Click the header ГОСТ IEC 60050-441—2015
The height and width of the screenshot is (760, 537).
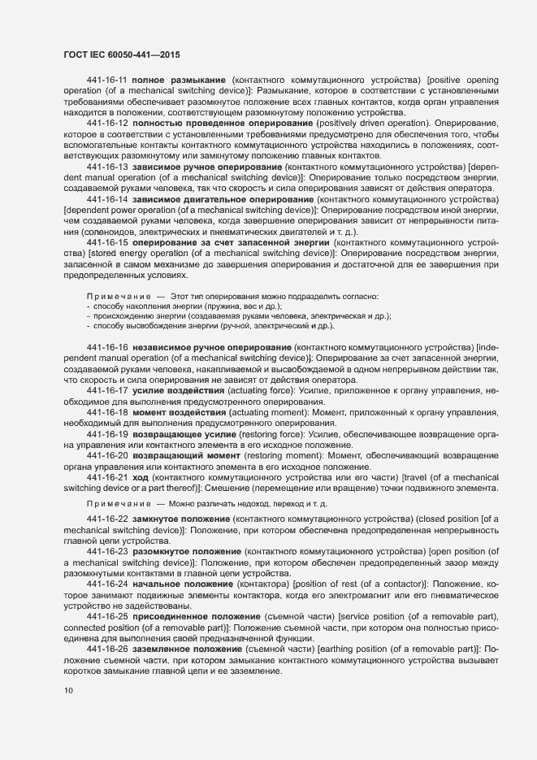[x=121, y=54]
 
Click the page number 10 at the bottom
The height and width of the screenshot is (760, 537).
[x=68, y=691]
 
